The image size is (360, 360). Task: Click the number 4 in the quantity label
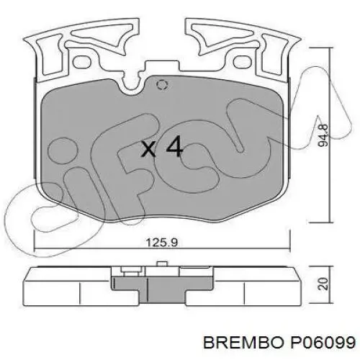click(x=173, y=148)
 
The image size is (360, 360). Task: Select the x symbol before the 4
click(x=148, y=150)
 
